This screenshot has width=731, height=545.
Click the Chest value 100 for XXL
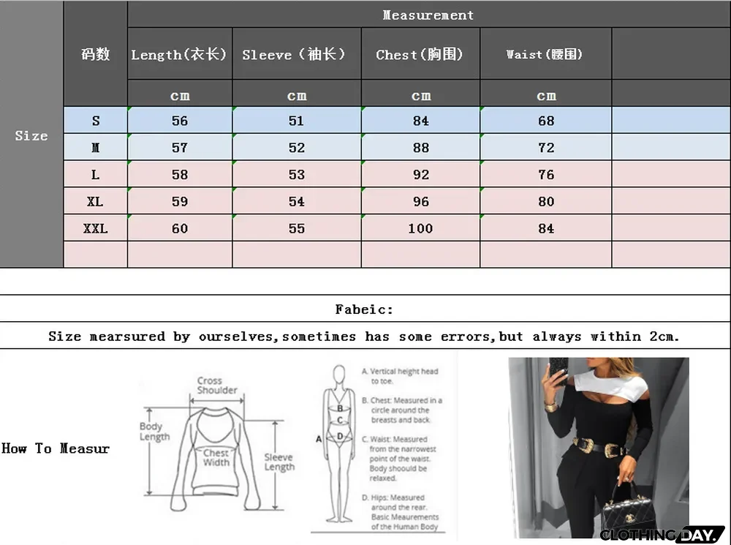[420, 228]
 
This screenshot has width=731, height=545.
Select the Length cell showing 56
[180, 121]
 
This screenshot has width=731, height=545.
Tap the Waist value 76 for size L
[546, 175]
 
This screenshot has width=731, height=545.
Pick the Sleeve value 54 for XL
[296, 201]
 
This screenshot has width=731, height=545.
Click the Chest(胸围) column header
[420, 54]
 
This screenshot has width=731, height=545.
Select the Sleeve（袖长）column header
[295, 54]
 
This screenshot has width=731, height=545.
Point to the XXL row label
[95, 228]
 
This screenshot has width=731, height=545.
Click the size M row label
[95, 148]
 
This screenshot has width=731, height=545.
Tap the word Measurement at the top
[428, 15]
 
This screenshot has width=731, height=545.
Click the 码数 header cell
[95, 54]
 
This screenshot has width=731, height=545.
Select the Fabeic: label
[364, 309]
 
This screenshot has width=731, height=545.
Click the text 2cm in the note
[664, 337]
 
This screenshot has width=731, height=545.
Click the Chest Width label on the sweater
[216, 458]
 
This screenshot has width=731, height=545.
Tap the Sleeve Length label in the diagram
[279, 462]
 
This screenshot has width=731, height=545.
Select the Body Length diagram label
[154, 432]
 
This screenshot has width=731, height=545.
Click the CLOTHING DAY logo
[662, 535]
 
